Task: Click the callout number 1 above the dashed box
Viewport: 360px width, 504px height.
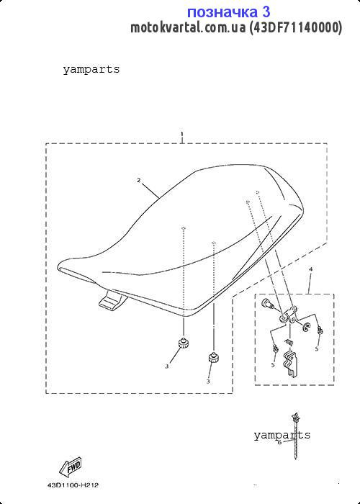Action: coord(182,134)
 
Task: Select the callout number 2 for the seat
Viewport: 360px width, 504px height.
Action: coord(139,180)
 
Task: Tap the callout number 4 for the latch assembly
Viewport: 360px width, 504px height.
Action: coord(310,269)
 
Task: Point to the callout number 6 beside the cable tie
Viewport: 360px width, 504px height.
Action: coord(279,442)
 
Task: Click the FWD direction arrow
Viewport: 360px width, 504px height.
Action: coord(70,467)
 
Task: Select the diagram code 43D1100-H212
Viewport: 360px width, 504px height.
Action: coord(73,485)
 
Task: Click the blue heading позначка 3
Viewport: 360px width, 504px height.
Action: coord(228,12)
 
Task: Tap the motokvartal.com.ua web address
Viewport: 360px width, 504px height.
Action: coord(188,27)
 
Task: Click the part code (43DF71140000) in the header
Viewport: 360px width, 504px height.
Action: coord(296,27)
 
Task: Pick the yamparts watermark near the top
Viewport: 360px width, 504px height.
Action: coord(91,69)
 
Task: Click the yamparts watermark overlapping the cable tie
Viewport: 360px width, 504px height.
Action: coord(282,435)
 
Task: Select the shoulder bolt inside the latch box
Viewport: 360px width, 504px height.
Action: coord(268,303)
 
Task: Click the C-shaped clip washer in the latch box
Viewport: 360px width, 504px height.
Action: coord(305,328)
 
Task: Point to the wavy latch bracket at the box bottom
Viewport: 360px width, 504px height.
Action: coord(290,364)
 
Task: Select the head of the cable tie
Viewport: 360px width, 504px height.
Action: coord(294,417)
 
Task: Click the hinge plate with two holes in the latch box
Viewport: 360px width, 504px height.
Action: coord(289,315)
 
